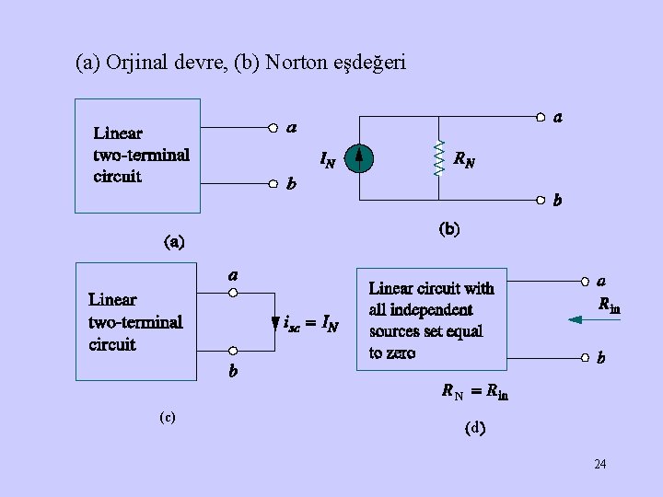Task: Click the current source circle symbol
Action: [360, 160]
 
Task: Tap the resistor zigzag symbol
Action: [438, 158]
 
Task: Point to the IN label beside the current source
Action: [327, 160]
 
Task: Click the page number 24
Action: [599, 464]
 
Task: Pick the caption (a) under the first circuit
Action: [174, 243]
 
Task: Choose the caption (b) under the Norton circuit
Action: [448, 227]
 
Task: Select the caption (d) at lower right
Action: [475, 427]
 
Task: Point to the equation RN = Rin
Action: [474, 393]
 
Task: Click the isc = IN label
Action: [311, 324]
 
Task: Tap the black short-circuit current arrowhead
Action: [274, 324]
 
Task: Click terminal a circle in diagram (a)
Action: [273, 127]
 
